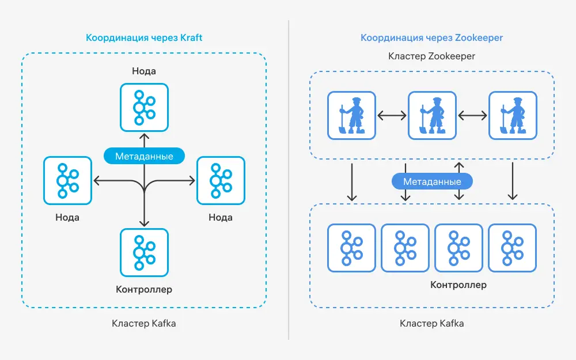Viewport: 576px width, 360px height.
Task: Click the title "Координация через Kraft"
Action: tap(144, 37)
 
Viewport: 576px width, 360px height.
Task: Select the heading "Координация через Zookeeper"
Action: tap(431, 37)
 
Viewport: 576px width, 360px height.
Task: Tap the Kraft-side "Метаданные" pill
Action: tap(144, 156)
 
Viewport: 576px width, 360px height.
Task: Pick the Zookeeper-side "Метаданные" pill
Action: tap(432, 181)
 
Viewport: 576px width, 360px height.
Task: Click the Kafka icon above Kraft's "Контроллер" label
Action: tap(145, 253)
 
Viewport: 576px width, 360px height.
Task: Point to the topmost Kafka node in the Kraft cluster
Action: tap(145, 107)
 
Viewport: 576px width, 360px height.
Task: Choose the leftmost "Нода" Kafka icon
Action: tap(67, 180)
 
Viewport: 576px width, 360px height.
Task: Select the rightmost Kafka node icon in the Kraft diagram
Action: tap(221, 180)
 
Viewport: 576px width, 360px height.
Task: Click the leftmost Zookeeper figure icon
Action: tap(351, 116)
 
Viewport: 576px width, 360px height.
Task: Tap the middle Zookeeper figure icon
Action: tap(433, 116)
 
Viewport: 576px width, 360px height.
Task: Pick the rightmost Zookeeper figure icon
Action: tap(513, 116)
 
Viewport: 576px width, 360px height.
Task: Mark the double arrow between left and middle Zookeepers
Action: tap(392, 116)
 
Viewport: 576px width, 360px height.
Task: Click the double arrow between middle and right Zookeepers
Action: tap(472, 116)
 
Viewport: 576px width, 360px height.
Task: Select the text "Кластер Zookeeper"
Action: tap(431, 56)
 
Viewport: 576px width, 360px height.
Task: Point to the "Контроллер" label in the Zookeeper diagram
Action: tap(458, 285)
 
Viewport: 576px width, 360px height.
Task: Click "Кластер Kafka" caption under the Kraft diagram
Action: tap(144, 323)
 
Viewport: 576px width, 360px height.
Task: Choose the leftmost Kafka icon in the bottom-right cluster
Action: tap(351, 248)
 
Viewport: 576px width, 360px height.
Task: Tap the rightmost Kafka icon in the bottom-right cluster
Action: tap(513, 248)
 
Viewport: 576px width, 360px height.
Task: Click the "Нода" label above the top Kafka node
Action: tap(144, 71)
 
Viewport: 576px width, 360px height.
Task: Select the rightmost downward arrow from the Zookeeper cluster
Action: tap(513, 181)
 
